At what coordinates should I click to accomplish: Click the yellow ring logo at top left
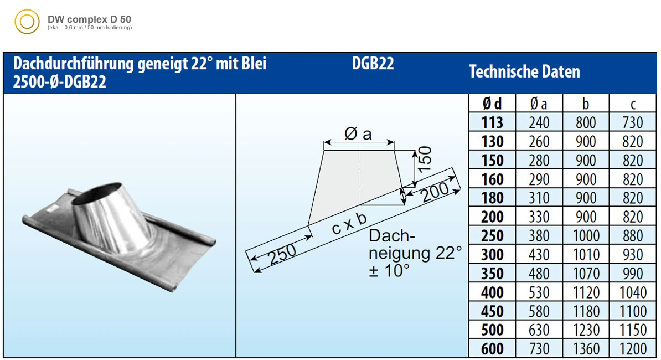click(x=27, y=23)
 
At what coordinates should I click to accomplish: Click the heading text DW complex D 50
click(x=89, y=19)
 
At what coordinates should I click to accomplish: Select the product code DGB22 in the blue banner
click(x=373, y=64)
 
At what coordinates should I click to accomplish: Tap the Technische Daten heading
click(x=524, y=71)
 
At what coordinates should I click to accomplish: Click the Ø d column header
click(x=492, y=104)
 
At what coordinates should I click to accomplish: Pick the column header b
click(x=586, y=104)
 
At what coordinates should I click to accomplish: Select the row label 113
click(x=492, y=122)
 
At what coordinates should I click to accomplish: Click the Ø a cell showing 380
click(x=539, y=236)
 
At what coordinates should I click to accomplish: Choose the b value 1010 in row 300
click(x=586, y=255)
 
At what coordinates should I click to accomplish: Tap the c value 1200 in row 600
click(x=633, y=348)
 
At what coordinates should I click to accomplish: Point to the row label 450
click(x=492, y=311)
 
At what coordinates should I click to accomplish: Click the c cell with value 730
click(x=633, y=122)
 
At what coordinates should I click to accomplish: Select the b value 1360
click(x=586, y=348)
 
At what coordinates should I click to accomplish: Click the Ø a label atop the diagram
click(x=358, y=133)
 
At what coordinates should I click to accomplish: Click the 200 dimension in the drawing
click(x=435, y=192)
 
